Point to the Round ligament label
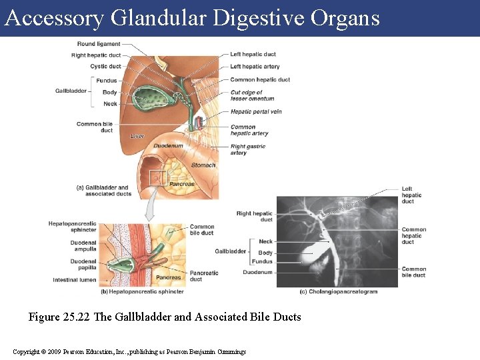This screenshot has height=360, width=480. pyautogui.click(x=99, y=44)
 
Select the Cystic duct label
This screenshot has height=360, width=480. pyautogui.click(x=105, y=67)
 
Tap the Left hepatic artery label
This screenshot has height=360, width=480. pyautogui.click(x=255, y=67)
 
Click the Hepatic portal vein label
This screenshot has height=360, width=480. pyautogui.click(x=256, y=111)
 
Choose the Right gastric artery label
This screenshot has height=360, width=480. pyautogui.click(x=248, y=149)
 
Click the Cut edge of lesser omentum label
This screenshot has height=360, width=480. pyautogui.click(x=252, y=95)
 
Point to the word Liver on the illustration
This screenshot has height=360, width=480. pyautogui.click(x=137, y=136)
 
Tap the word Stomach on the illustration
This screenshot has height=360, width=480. pyautogui.click(x=203, y=165)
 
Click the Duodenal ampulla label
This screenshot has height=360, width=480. pyautogui.click(x=83, y=246)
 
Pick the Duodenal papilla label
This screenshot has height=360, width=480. pyautogui.click(x=83, y=265)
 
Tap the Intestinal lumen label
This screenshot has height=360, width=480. pyautogui.click(x=75, y=280)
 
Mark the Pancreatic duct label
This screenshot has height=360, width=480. pyautogui.click(x=204, y=276)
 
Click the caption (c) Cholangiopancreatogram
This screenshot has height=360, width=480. pyautogui.click(x=337, y=291)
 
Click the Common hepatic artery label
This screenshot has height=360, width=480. pyautogui.click(x=249, y=130)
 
